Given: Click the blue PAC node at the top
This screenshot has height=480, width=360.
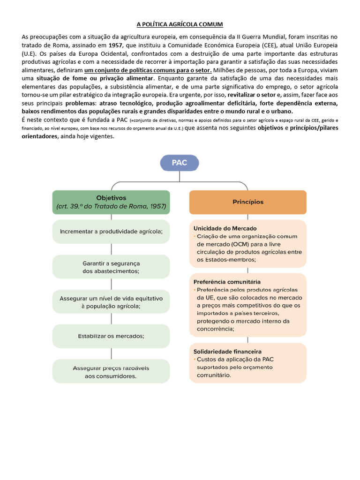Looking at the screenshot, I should pyautogui.click(x=180, y=164).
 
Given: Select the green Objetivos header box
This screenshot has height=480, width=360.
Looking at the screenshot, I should pyautogui.click(x=111, y=202).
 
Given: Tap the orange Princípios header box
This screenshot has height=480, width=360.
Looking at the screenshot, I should pyautogui.click(x=248, y=202).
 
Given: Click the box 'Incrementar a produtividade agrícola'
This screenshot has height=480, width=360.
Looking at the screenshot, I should pyautogui.click(x=111, y=232).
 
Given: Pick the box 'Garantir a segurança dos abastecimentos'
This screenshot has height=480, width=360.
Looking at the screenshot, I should pyautogui.click(x=111, y=267).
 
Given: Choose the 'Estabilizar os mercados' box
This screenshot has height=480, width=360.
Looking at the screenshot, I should pyautogui.click(x=111, y=336).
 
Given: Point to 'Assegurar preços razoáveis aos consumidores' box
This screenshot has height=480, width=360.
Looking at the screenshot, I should pyautogui.click(x=111, y=372).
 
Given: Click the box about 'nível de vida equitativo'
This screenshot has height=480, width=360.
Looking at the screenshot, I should pyautogui.click(x=111, y=302).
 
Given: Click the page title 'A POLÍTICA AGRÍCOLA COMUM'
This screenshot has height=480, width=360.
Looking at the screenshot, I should pyautogui.click(x=180, y=24).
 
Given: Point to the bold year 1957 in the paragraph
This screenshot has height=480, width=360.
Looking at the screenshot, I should pyautogui.click(x=116, y=44).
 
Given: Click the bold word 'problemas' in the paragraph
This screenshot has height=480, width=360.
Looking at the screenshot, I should pyautogui.click(x=79, y=103).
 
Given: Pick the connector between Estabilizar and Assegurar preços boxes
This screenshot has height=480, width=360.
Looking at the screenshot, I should pyautogui.click(x=111, y=353).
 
